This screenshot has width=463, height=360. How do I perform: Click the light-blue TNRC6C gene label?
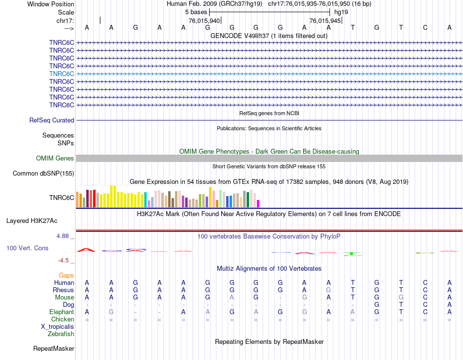(61, 74)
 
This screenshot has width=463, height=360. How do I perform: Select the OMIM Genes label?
(55, 158)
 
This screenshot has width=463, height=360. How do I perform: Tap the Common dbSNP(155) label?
(43, 173)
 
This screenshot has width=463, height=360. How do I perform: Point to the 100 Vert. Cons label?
(27, 248)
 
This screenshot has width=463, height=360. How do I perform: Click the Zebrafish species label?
(61, 334)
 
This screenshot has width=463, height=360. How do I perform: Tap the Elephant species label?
(61, 312)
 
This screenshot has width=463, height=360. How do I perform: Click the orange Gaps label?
(66, 275)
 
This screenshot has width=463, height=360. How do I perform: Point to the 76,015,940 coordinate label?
(204, 20)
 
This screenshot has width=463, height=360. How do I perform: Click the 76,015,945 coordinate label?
(325, 20)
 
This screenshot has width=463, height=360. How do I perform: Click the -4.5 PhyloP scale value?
(65, 260)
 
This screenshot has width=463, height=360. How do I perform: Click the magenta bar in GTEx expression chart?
(258, 203)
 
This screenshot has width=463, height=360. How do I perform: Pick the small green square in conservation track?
(351, 254)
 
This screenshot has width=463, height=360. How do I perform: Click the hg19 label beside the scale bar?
(341, 12)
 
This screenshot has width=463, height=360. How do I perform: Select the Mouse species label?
(64, 297)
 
